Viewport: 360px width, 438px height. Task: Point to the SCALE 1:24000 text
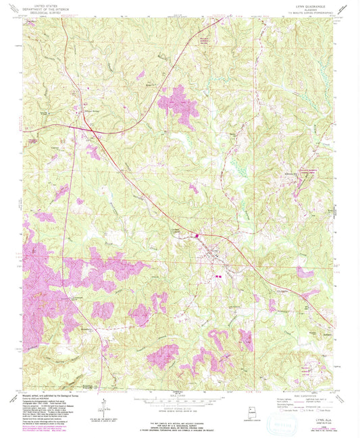click(180, 395)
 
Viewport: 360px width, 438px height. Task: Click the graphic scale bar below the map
click(180, 402)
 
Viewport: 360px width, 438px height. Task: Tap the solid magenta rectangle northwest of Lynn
click(197, 236)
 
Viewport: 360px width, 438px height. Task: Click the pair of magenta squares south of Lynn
click(218, 275)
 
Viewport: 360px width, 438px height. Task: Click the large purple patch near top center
click(178, 100)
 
